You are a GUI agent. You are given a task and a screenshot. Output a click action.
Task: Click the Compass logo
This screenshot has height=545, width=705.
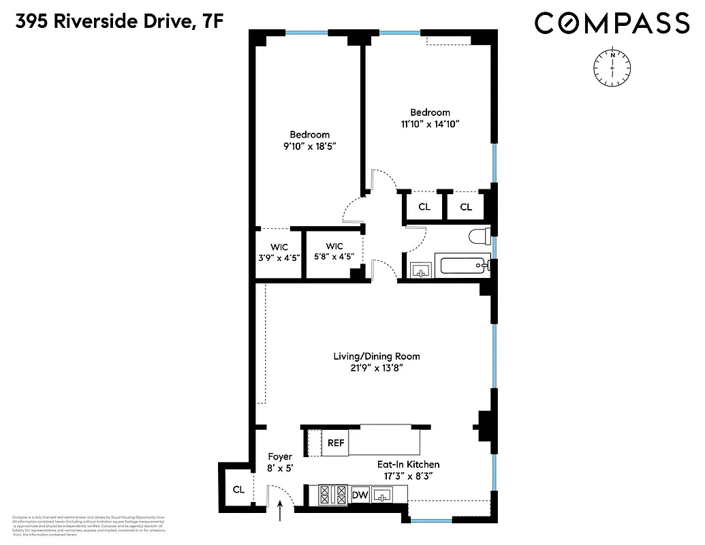pyautogui.click(x=612, y=23)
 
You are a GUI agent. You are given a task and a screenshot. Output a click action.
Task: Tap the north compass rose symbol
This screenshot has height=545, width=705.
pyautogui.click(x=612, y=69)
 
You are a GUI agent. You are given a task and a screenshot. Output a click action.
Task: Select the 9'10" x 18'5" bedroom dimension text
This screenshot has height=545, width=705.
pyautogui.click(x=309, y=146)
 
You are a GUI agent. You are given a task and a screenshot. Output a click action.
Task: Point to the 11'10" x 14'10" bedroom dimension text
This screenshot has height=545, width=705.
pyautogui.click(x=430, y=124)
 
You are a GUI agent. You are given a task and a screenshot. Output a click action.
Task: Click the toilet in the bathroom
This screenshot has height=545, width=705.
pyautogui.click(x=480, y=237)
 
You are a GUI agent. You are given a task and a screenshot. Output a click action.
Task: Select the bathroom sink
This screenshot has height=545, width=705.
pyautogui.click(x=421, y=268)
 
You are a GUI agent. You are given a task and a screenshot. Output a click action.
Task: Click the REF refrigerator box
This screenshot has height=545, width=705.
pyautogui.click(x=336, y=442)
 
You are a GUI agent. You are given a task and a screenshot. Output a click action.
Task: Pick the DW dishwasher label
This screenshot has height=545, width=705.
pyautogui.click(x=360, y=495)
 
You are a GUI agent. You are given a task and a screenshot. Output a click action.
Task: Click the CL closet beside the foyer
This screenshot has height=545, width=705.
pyautogui.click(x=238, y=488)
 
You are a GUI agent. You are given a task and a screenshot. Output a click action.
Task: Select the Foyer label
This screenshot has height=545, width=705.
pyautogui.click(x=279, y=456)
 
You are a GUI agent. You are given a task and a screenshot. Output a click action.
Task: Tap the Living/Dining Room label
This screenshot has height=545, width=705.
pyautogui.click(x=376, y=356)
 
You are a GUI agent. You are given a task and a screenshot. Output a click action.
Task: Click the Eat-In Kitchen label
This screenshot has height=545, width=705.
pyautogui.click(x=409, y=465)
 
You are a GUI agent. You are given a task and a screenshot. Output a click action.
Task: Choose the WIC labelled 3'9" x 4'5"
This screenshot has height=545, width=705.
pyautogui.click(x=278, y=251)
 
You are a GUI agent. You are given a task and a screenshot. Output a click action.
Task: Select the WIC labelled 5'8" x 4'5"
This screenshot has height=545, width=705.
pyautogui.click(x=334, y=251)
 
